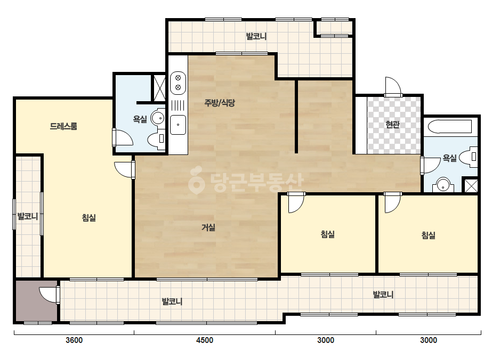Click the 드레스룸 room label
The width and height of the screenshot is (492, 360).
point(63,126)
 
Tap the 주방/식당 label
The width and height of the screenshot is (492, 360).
point(220,103)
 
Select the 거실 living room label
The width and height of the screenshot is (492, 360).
point(208,227)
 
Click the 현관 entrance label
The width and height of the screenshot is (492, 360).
point(392,125)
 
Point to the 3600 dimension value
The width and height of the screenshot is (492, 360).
point(74,340)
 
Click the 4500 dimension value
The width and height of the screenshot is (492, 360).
point(205,340)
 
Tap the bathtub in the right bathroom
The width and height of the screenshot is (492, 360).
point(450,127)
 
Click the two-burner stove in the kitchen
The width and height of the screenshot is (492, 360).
point(178,83)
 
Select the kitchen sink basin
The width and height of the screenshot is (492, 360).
point(178,125)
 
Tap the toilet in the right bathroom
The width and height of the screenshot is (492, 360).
point(469,157)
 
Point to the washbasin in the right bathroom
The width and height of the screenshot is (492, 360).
point(443,185)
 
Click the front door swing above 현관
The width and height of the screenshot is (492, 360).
point(393,87)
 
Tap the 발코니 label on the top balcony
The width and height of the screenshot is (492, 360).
point(256,36)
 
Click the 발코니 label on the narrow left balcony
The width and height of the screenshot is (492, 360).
point(28,216)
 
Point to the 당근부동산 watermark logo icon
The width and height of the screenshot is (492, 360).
point(196,179)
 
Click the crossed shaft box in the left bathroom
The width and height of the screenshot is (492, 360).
point(159,88)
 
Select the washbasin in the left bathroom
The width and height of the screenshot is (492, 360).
point(158,118)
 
